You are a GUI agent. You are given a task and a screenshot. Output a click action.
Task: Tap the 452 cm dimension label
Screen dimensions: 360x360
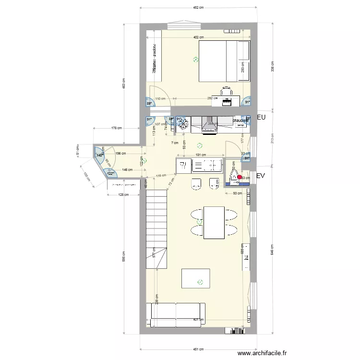coord(198,8)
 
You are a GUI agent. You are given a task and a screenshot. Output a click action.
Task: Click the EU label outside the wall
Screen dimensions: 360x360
coord(262,118)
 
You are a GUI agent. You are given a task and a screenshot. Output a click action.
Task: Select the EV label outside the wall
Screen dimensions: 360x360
coord(261,176)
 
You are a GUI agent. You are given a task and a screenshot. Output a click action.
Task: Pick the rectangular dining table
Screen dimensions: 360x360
coord(214,222)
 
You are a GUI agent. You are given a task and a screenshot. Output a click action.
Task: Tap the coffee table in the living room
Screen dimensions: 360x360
coord(195,278)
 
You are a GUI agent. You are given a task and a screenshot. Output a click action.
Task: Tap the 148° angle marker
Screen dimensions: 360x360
coord(99,155)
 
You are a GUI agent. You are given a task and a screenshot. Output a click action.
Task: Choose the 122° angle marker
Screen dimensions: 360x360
coord(110,174)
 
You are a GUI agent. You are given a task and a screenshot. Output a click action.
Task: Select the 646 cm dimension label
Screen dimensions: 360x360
coord(272,251)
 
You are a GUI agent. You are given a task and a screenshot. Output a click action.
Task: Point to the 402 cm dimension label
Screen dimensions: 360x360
coord(198,37)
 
